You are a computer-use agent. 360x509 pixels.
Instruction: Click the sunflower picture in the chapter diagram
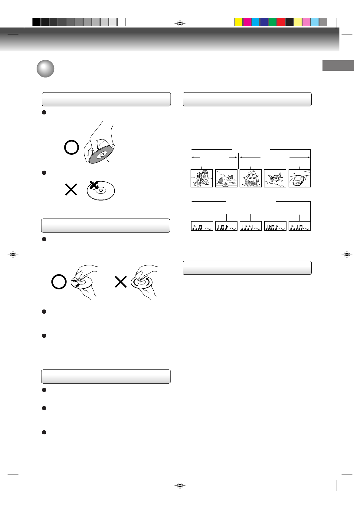point(202,178)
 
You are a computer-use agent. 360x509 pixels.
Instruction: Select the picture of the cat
point(226,178)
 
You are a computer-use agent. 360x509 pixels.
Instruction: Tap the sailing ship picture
point(251,178)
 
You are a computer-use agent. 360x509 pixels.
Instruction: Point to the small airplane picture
point(275,178)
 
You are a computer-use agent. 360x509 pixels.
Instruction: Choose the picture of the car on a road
point(299,178)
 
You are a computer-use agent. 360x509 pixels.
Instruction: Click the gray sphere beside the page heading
point(45,69)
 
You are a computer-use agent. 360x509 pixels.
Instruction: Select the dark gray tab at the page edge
point(338,65)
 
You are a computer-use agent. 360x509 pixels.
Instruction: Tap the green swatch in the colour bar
point(273,22)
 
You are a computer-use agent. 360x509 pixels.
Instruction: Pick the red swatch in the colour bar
point(281,22)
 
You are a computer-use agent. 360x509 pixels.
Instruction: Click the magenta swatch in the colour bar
point(247,22)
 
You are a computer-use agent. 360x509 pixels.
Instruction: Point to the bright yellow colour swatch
point(239,22)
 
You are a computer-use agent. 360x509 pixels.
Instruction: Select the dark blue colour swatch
point(264,22)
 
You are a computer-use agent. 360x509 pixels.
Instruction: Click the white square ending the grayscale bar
point(121,22)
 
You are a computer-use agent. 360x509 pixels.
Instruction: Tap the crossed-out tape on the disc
point(94,185)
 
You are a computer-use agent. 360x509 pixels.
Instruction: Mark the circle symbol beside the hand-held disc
point(72,148)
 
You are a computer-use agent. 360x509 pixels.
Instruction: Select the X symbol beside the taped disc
point(71,190)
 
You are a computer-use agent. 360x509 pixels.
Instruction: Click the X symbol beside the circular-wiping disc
point(121,282)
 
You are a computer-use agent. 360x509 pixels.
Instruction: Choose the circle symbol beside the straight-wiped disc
point(59,282)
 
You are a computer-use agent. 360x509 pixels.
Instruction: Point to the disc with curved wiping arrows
point(142,282)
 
